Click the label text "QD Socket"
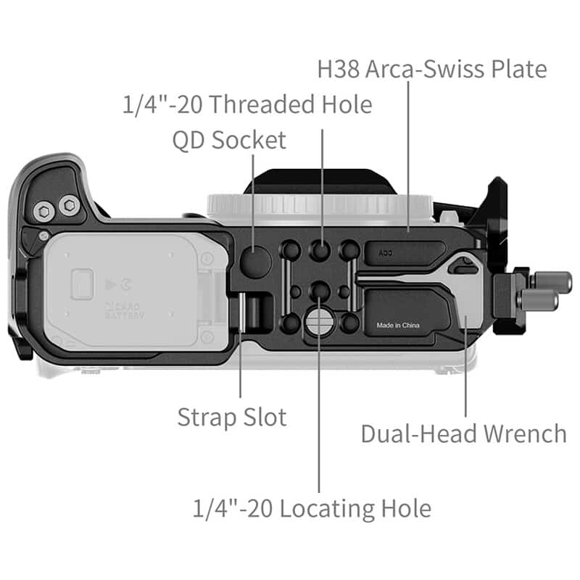click(x=229, y=140)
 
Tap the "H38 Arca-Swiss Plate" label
click(x=431, y=70)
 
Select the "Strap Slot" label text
click(x=232, y=417)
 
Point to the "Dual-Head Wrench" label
click(x=463, y=434)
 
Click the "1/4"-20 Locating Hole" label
click(x=312, y=507)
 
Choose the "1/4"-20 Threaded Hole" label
click(x=246, y=104)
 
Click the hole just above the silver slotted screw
click(x=318, y=292)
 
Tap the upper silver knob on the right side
click(x=549, y=280)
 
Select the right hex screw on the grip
click(x=69, y=205)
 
